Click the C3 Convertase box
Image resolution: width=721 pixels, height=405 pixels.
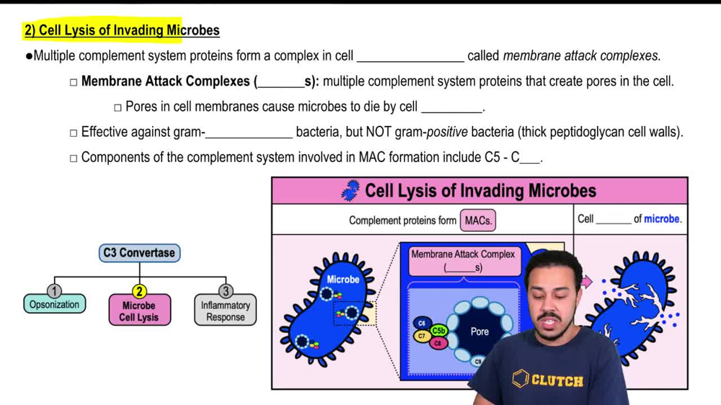138,253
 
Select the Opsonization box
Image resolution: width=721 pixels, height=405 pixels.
54,305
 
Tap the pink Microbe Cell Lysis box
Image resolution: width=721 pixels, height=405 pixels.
139,311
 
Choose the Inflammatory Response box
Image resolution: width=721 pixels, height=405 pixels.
225,311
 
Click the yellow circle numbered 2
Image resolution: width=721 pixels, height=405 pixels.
139,291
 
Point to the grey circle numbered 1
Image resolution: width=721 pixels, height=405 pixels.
54,290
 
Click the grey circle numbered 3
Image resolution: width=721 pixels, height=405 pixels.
226,291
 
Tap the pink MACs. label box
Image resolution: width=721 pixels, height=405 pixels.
478,221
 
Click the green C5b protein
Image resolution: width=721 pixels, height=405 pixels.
438,331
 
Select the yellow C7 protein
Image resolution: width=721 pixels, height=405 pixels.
422,336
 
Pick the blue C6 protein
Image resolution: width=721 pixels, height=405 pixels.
422,324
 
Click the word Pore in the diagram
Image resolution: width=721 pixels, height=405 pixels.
479,331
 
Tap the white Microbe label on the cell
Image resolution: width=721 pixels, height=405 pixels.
343,279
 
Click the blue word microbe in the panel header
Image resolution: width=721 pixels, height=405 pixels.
662,219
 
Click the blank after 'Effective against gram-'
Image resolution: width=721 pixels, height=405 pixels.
249,133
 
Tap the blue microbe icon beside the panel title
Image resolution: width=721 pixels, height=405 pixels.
350,191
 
